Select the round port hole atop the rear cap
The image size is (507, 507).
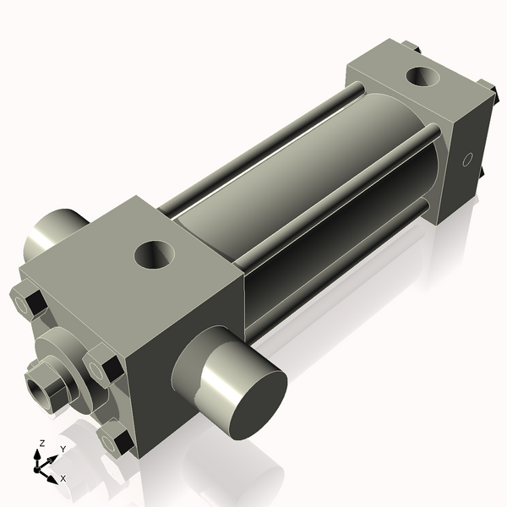tap(422, 77)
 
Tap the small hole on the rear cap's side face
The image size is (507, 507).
tap(467, 159)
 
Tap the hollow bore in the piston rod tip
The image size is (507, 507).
tap(38, 390)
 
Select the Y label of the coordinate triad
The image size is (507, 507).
tap(63, 450)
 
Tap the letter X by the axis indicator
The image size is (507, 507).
tap(63, 478)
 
